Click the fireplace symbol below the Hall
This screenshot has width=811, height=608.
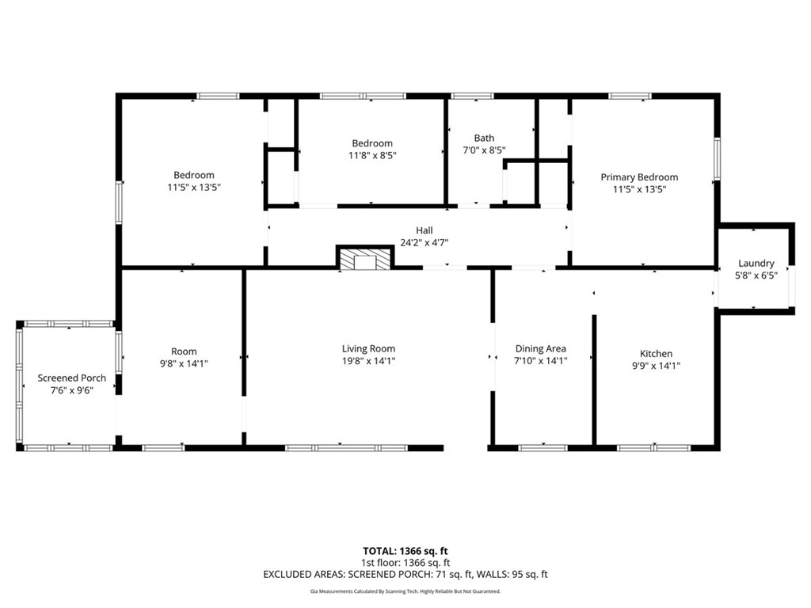365,257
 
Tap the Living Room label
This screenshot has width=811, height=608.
368,349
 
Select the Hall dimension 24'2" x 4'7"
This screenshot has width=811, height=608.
425,242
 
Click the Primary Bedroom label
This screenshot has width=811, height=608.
639,177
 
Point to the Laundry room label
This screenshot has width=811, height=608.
756,264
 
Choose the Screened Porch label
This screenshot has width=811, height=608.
72,378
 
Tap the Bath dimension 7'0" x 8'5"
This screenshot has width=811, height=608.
484,150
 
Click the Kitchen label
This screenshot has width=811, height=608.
657,354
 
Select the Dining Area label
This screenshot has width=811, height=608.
540,349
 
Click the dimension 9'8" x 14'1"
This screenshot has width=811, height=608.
184,363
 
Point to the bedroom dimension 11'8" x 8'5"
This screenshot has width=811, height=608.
372,155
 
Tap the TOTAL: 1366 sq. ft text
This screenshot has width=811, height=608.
405,551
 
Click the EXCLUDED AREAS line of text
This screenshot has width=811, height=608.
405,575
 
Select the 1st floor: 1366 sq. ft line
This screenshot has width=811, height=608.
405,563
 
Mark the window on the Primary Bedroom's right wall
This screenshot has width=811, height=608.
718,158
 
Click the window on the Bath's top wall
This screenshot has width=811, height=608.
473,96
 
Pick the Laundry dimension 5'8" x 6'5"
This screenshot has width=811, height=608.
756,276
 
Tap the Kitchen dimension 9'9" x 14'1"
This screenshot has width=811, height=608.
657,366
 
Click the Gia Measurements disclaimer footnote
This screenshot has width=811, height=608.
405,591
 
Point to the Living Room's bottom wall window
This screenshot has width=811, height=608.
347,448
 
